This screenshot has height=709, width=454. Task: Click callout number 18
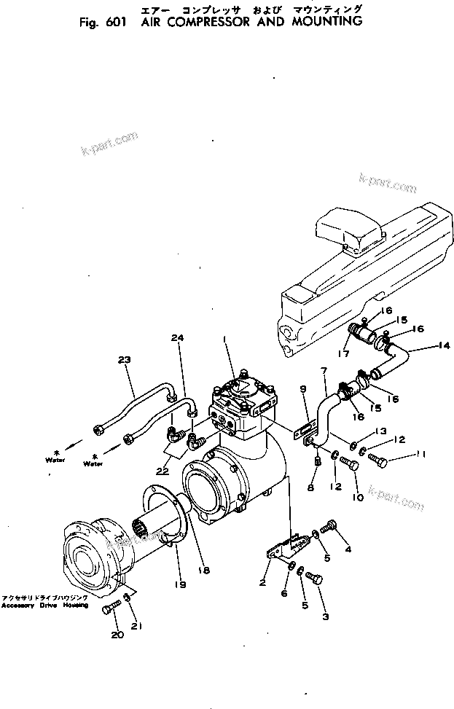(205, 570)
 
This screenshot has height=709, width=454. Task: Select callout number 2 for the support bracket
(262, 583)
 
